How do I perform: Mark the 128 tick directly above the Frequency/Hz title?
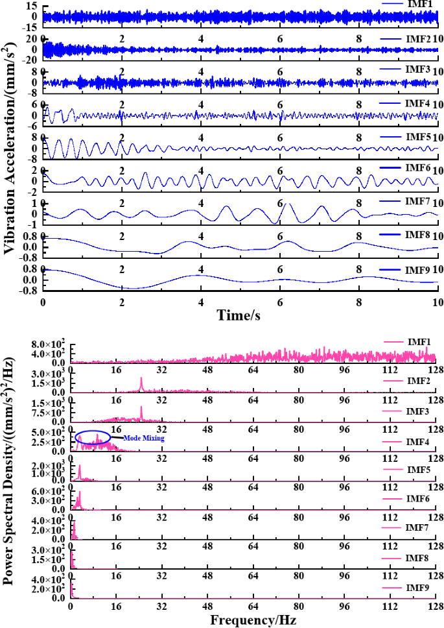click(x=436, y=605)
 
